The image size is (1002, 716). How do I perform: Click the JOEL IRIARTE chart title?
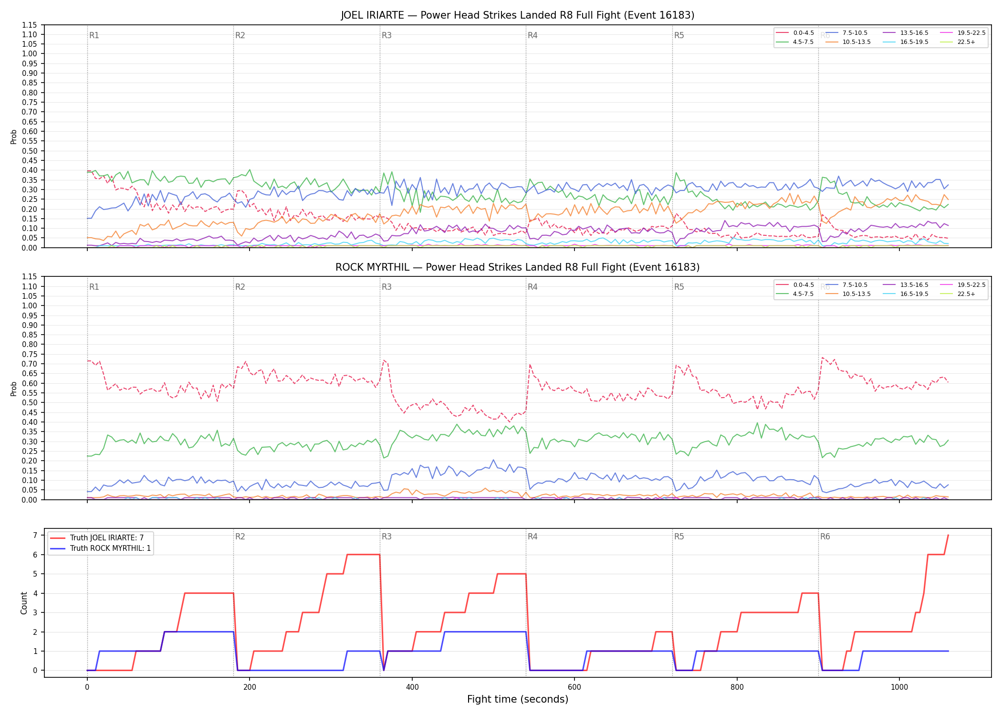pyautogui.click(x=517, y=15)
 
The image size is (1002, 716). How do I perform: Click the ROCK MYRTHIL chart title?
pyautogui.click(x=517, y=267)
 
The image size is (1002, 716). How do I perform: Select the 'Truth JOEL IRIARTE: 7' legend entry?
pyautogui.click(x=107, y=538)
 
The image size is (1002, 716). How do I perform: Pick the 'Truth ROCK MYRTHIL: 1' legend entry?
pyautogui.click(x=110, y=548)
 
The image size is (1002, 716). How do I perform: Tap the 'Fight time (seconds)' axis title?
pyautogui.click(x=518, y=699)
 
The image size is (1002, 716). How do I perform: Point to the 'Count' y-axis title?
pyautogui.click(x=24, y=603)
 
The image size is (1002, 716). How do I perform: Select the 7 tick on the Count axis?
pyautogui.click(x=35, y=536)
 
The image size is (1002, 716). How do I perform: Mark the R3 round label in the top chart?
pyautogui.click(x=386, y=35)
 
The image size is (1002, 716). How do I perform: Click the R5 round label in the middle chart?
pyautogui.click(x=679, y=287)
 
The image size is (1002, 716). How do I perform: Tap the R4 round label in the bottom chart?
pyautogui.click(x=532, y=537)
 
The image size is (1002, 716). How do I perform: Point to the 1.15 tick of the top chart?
pyautogui.click(x=30, y=25)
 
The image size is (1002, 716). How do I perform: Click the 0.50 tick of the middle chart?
pyautogui.click(x=30, y=402)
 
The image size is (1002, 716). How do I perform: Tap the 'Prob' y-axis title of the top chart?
pyautogui.click(x=14, y=137)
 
